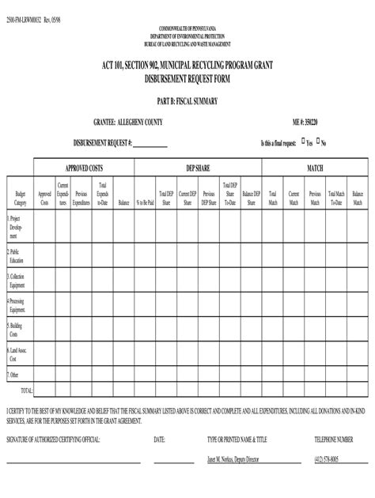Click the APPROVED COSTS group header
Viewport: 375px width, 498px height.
pos(84,168)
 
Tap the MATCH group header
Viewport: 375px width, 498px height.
pos(314,168)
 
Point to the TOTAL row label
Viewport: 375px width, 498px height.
pos(25,390)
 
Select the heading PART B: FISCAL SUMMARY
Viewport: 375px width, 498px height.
pos(187,101)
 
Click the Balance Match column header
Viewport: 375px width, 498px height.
pos(358,198)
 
